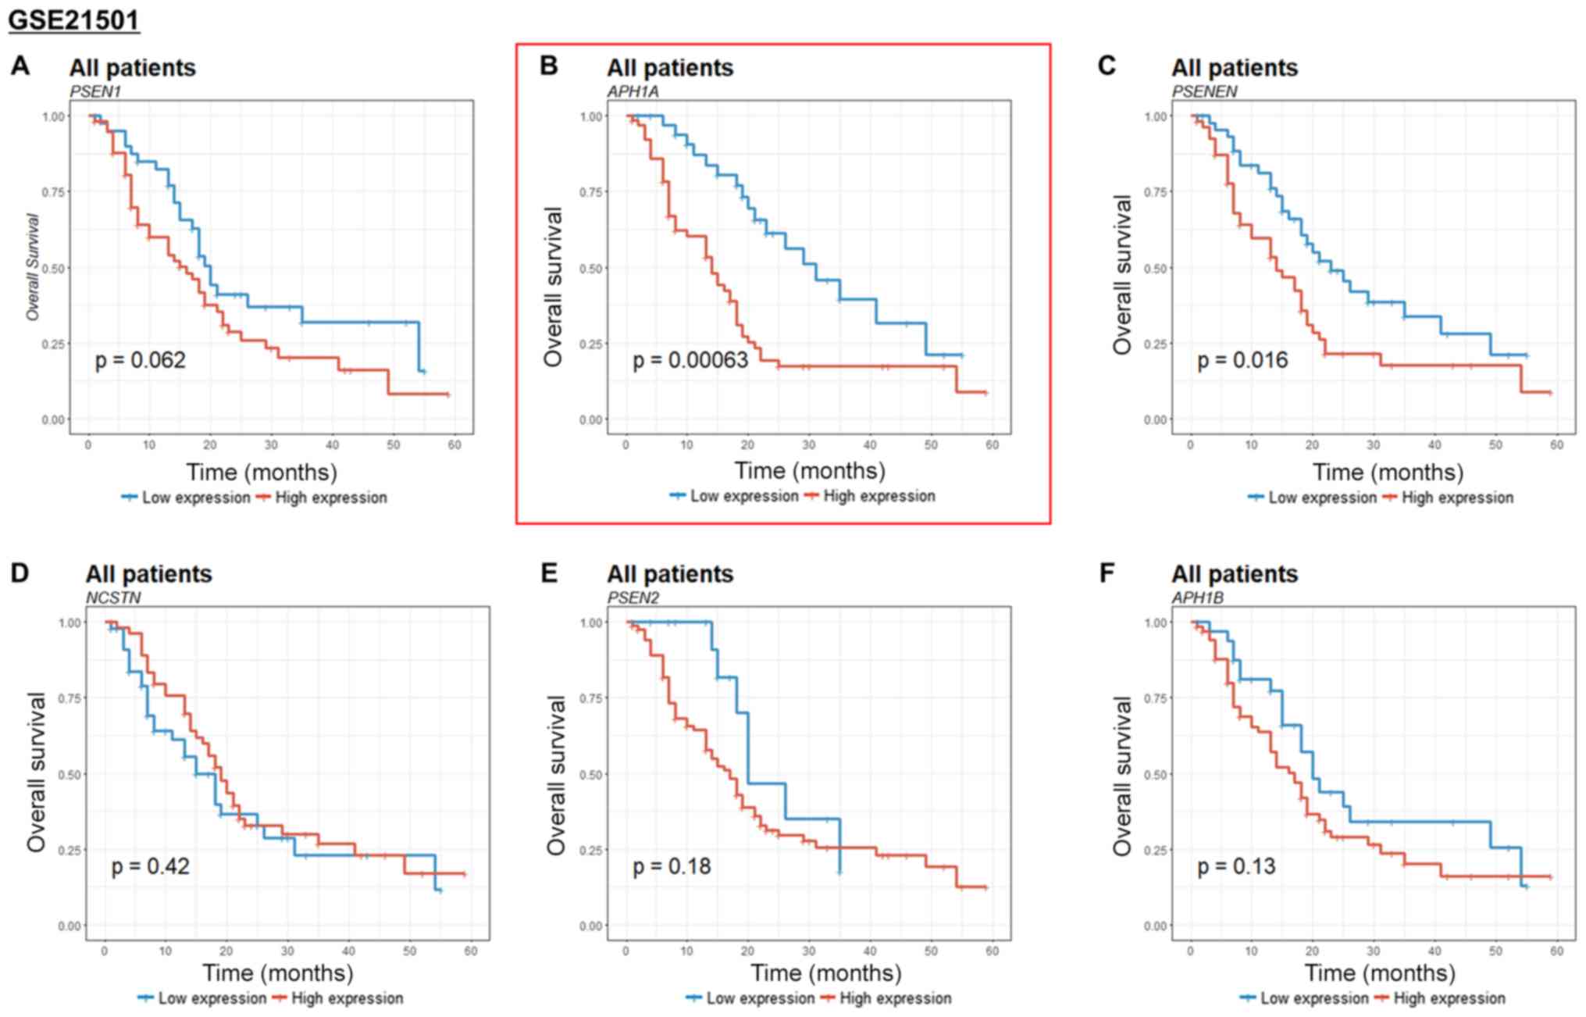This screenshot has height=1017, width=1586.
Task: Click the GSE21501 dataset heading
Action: (x=73, y=19)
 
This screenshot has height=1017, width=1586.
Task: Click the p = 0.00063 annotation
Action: (x=690, y=360)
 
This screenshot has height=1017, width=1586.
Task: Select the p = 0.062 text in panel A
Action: (x=140, y=360)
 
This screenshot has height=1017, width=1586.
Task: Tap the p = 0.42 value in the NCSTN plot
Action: (x=150, y=866)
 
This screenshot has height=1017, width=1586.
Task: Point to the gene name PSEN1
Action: (x=95, y=91)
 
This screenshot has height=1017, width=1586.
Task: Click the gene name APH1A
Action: (x=633, y=91)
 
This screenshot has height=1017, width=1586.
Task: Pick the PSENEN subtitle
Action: (x=1204, y=91)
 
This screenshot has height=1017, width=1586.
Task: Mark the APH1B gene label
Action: (x=1197, y=598)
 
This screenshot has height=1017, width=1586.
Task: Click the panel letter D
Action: (x=20, y=573)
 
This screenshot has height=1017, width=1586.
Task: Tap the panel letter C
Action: (x=1107, y=66)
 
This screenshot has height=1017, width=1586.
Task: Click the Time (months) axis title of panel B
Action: (x=810, y=470)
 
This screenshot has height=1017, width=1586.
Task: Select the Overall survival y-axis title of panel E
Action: (x=555, y=776)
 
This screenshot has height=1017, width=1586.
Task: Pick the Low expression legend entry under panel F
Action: (x=1314, y=998)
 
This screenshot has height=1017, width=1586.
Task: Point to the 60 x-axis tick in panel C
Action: (x=1556, y=444)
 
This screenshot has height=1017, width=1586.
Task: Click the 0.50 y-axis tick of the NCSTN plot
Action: (x=70, y=774)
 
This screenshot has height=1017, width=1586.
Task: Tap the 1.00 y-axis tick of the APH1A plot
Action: (x=591, y=116)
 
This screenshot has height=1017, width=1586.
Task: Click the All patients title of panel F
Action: (x=1234, y=574)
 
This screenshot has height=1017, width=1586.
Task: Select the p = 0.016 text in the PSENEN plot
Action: (x=1242, y=360)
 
